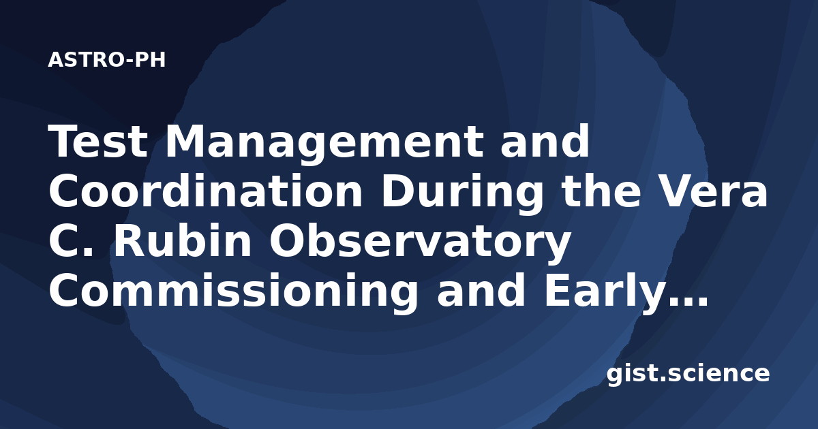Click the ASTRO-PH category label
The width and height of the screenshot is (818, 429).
(106, 60)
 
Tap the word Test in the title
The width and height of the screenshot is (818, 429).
(98, 141)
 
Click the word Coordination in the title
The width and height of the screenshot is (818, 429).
(206, 191)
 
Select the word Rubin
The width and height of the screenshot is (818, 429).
(183, 240)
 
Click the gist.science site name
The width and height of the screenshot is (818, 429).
(688, 375)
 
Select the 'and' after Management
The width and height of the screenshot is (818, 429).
(545, 141)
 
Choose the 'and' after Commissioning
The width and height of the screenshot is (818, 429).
(481, 289)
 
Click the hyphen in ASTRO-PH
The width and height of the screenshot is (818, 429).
(130, 61)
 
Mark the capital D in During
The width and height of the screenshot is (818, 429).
(398, 191)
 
